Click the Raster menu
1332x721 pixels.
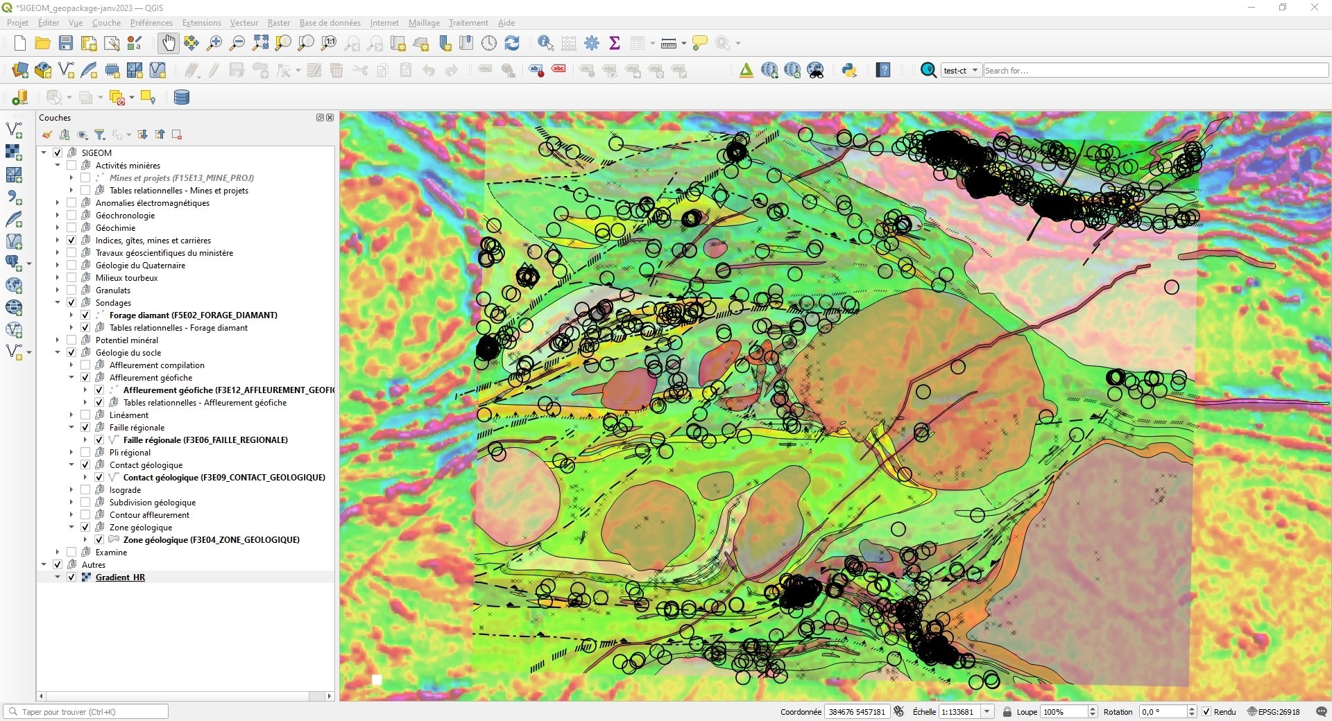click(278, 23)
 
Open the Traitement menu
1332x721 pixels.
click(468, 23)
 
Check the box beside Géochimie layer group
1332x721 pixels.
click(71, 228)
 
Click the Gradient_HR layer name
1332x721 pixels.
click(120, 577)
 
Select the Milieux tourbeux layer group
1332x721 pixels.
click(126, 278)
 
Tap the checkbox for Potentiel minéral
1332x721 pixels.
click(71, 340)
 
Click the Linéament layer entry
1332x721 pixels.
click(129, 415)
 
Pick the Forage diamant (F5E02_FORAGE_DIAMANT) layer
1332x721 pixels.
click(193, 315)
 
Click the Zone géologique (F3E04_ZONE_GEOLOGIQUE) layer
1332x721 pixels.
click(211, 540)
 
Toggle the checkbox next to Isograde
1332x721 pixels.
click(85, 490)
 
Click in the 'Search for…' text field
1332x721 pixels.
click(1154, 71)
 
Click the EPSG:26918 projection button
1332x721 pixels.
click(1274, 712)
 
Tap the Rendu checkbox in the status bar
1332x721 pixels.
click(1206, 712)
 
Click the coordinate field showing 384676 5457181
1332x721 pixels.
click(857, 712)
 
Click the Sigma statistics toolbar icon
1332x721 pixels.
click(614, 43)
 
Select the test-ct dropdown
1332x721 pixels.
click(961, 71)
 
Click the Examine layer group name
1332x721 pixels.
click(111, 553)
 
